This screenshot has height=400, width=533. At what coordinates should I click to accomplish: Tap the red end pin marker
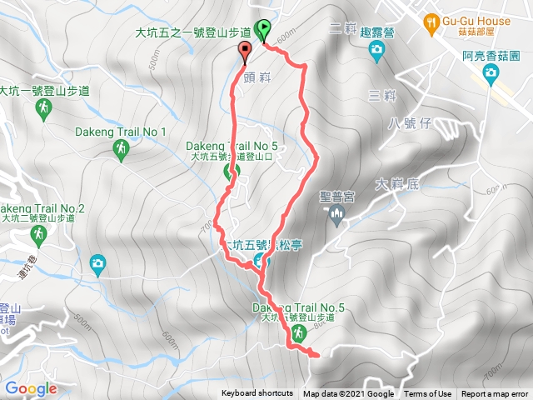245,53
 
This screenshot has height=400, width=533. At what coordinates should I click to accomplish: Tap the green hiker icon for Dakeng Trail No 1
122,148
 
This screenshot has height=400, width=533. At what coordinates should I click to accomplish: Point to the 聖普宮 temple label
337,197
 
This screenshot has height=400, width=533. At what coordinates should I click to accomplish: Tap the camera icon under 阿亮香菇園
491,74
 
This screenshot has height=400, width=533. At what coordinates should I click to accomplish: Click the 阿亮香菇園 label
491,56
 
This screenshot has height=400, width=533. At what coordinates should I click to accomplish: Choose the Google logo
30,388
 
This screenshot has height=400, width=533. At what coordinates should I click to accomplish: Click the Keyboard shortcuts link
257,394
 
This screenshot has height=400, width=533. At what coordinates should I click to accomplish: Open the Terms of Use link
427,394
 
